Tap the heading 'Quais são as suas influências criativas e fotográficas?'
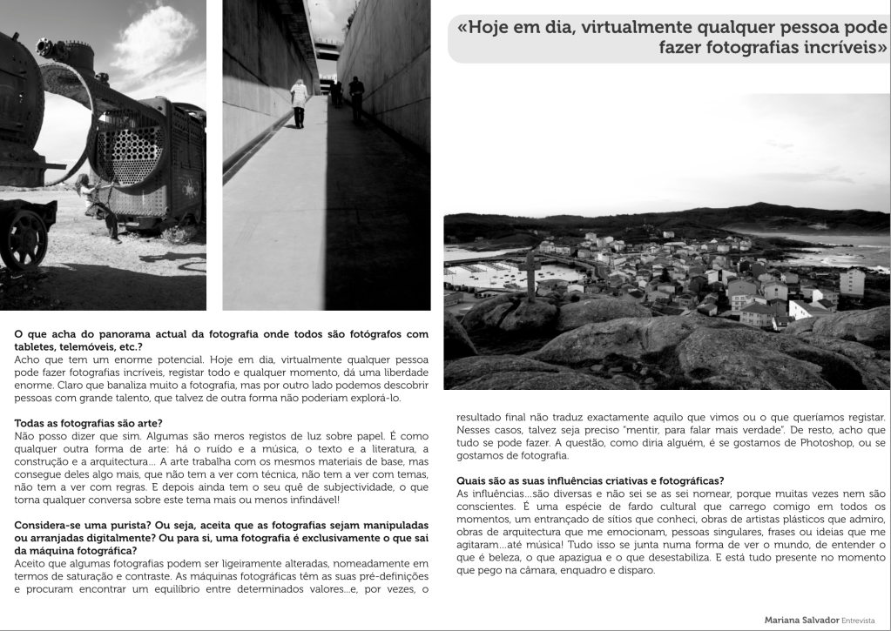pos(590,481)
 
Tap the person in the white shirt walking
pos(299,103)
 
